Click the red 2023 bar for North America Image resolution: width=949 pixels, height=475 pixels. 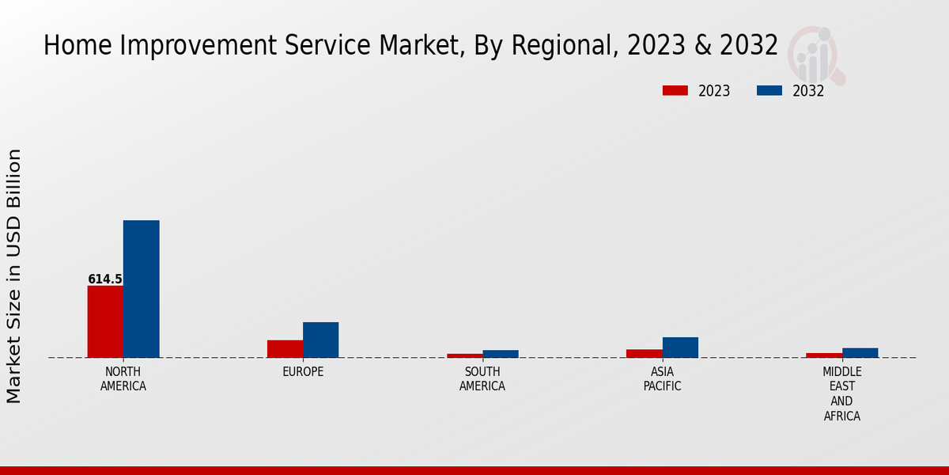(x=105, y=321)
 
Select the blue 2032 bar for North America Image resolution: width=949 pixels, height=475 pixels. (x=141, y=289)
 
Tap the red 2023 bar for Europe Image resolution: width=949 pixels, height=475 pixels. (x=285, y=348)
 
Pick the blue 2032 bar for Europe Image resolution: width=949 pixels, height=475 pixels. (x=320, y=340)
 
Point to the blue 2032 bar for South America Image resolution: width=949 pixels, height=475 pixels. (x=501, y=354)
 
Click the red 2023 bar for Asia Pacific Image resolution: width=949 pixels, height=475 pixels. (x=644, y=353)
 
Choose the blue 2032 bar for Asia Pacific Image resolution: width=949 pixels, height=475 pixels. (x=680, y=348)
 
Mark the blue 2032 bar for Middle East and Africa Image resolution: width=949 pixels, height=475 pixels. (x=860, y=352)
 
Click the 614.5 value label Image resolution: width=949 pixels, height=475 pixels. (x=105, y=279)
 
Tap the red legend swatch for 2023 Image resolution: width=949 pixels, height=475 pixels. (x=675, y=90)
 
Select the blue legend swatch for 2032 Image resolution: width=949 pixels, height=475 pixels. (x=769, y=90)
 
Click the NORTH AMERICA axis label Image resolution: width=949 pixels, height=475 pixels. (x=123, y=379)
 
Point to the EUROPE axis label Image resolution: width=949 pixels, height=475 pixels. (x=303, y=372)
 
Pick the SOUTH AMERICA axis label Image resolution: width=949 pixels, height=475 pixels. (x=482, y=379)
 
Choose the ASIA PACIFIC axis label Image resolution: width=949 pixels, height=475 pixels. (x=662, y=379)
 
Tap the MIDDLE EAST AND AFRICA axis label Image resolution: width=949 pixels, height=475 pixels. (x=842, y=393)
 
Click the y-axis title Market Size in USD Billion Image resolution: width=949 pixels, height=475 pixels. (x=14, y=275)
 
